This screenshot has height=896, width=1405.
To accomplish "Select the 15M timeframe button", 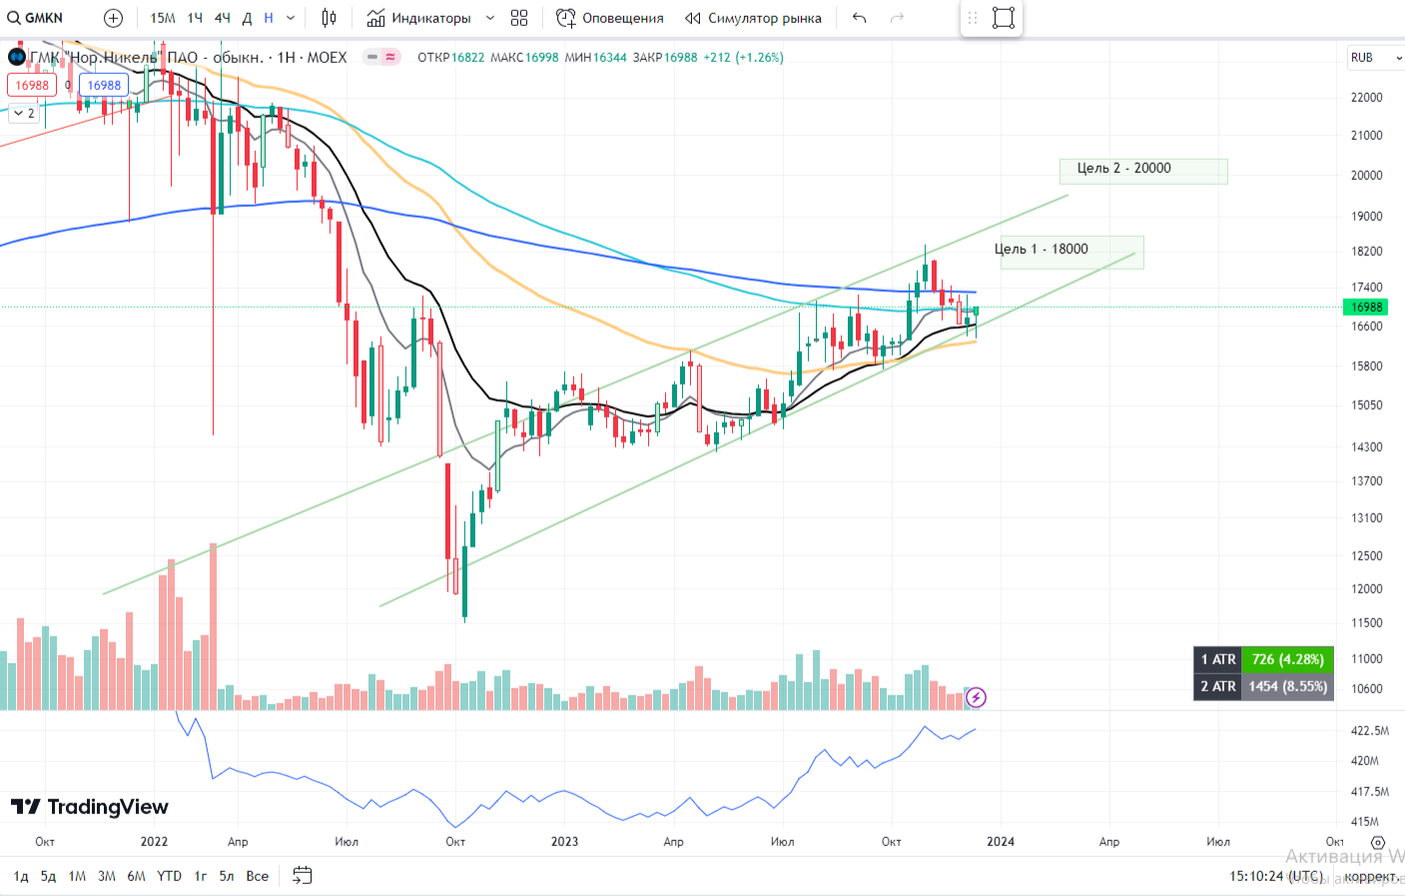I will click(x=163, y=18).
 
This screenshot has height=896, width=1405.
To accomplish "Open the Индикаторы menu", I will click(x=420, y=18).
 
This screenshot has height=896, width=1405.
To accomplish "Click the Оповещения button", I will click(x=610, y=18).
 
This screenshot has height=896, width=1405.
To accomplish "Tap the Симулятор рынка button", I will click(x=754, y=18).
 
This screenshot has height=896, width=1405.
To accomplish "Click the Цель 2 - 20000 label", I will click(x=1142, y=170).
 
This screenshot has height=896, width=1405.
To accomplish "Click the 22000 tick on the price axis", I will click(x=1366, y=98).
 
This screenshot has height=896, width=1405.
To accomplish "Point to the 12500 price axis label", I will click(x=1366, y=556).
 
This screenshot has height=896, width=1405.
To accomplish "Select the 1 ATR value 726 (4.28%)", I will click(x=1287, y=659).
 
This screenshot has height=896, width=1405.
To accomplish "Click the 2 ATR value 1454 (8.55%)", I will click(x=1287, y=686).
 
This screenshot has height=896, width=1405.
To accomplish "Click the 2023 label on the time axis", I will click(x=564, y=842).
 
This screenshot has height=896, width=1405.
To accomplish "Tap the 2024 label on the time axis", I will click(x=1000, y=842).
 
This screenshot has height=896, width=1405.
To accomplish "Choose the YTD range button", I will click(x=170, y=876).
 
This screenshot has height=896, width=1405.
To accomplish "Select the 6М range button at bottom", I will click(x=136, y=876).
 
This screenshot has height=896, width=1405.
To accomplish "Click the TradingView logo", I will click(x=90, y=807).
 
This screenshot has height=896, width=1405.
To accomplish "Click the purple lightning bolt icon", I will click(x=976, y=697).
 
